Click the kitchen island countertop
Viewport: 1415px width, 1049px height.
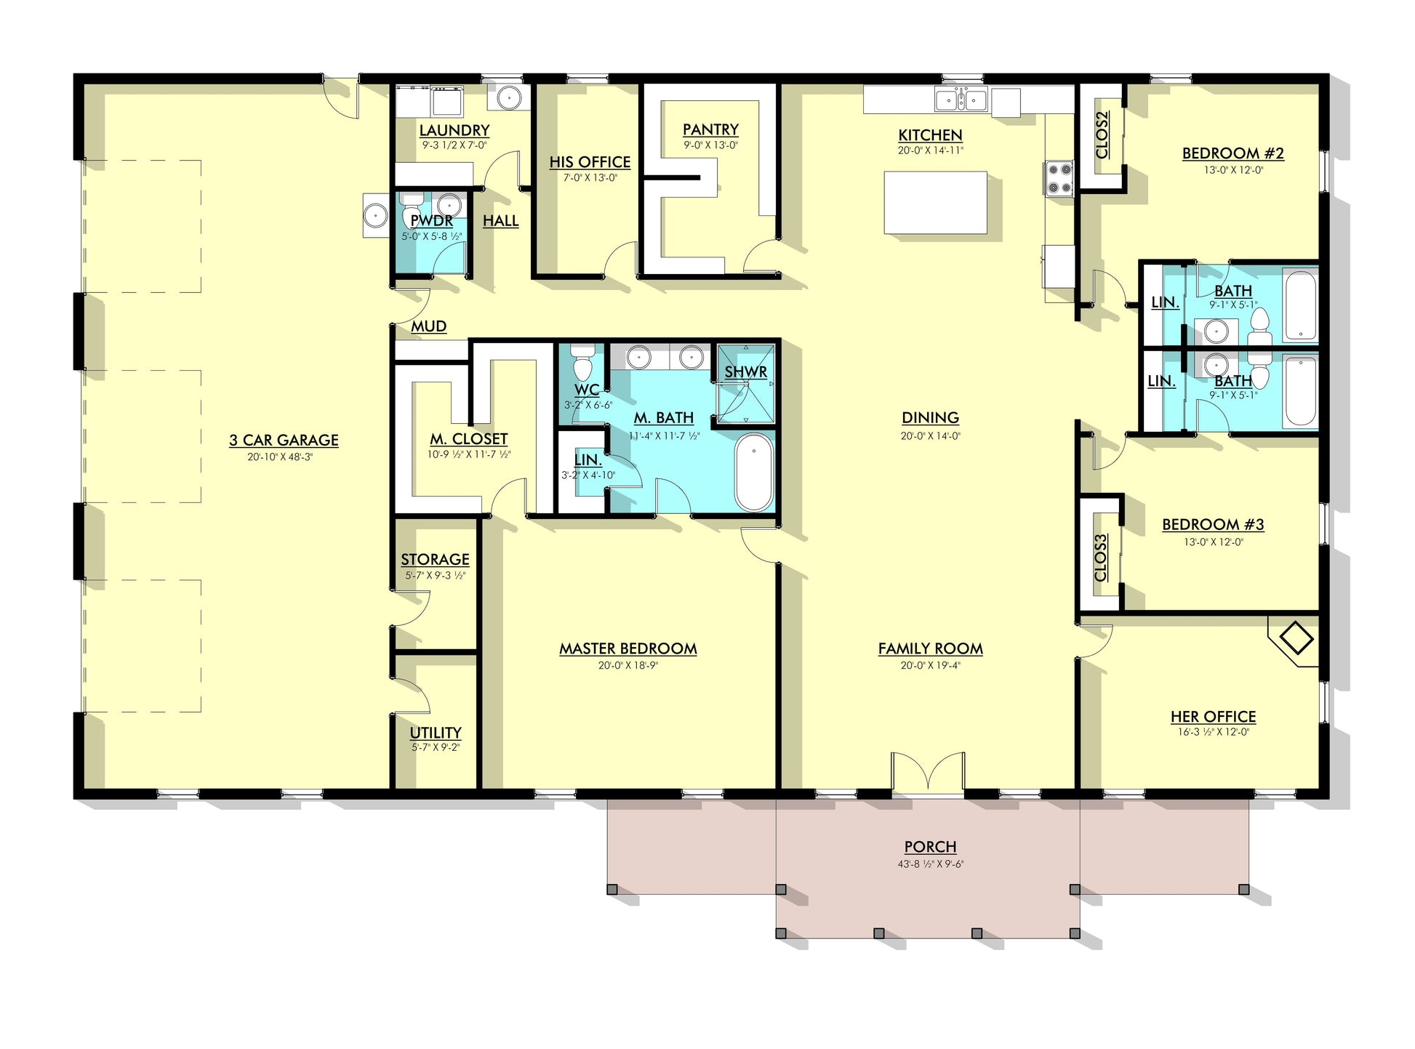pyautogui.click(x=935, y=202)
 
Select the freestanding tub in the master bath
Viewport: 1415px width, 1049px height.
pyautogui.click(x=753, y=473)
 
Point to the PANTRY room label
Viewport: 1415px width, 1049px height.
pyautogui.click(x=710, y=129)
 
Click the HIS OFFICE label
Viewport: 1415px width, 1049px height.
pyautogui.click(x=590, y=162)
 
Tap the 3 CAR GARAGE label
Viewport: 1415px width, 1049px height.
pyautogui.click(x=284, y=440)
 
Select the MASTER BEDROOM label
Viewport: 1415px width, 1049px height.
pyautogui.click(x=628, y=648)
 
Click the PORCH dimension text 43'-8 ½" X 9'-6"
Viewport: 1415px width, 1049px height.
pyautogui.click(x=930, y=864)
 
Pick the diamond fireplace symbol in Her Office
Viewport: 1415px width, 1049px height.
pyautogui.click(x=1296, y=638)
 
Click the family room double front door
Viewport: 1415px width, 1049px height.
pyautogui.click(x=929, y=772)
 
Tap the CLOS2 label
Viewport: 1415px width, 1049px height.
pyautogui.click(x=1102, y=135)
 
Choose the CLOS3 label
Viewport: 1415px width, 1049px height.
pyautogui.click(x=1101, y=558)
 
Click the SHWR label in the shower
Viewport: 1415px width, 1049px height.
pyautogui.click(x=745, y=372)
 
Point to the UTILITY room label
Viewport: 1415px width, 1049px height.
pyautogui.click(x=435, y=732)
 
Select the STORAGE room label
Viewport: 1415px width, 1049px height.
pyautogui.click(x=435, y=559)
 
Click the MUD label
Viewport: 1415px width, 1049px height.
pyautogui.click(x=428, y=326)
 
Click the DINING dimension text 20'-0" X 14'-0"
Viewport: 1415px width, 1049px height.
pyautogui.click(x=930, y=436)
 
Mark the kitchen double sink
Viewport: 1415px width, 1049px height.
pyautogui.click(x=961, y=100)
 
